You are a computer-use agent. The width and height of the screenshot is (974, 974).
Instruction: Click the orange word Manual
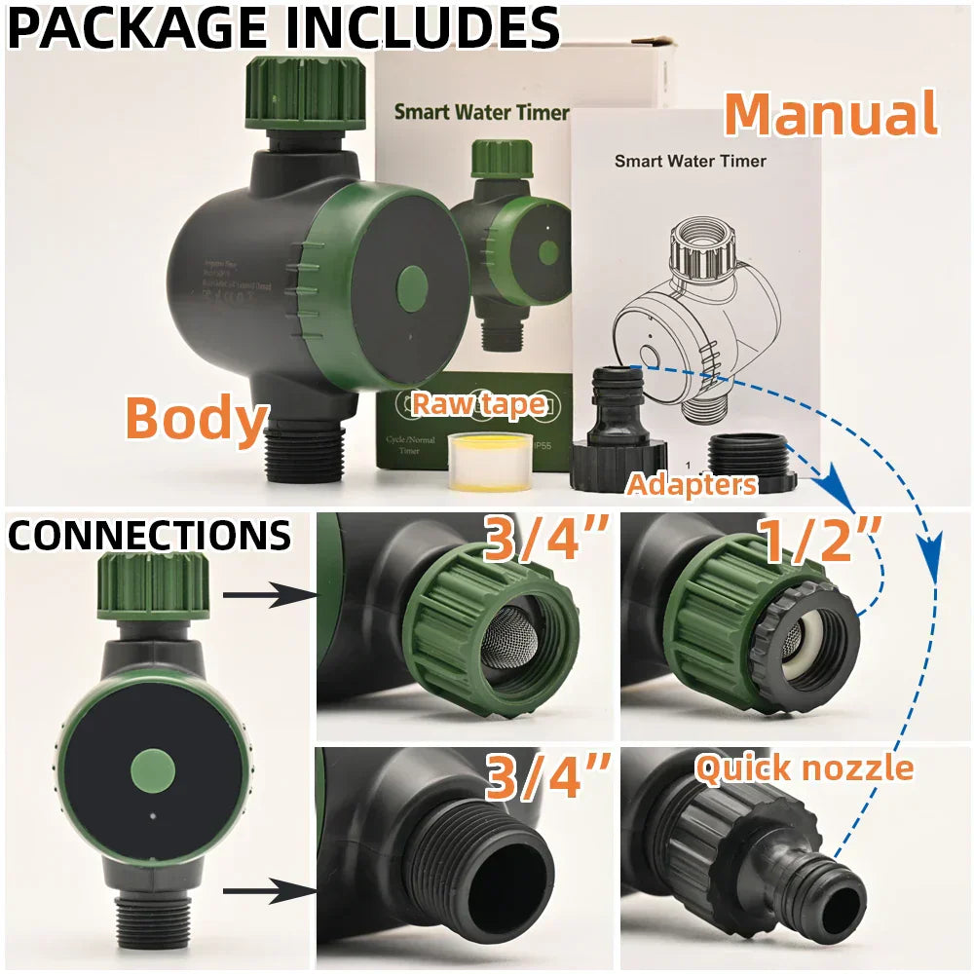click(x=831, y=114)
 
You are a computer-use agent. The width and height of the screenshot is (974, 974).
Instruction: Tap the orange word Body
click(x=196, y=418)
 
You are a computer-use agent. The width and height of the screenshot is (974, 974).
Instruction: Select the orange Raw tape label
click(x=478, y=402)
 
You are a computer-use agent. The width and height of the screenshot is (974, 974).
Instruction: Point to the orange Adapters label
click(x=692, y=483)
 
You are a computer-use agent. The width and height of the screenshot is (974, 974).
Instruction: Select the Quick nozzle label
click(x=805, y=768)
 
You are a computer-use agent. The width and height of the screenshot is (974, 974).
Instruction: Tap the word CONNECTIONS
click(x=149, y=536)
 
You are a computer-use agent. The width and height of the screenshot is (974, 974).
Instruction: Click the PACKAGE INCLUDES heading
click(x=282, y=28)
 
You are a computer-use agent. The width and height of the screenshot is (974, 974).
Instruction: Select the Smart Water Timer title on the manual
click(x=690, y=161)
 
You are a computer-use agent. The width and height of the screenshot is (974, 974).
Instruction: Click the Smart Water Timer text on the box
click(x=480, y=112)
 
